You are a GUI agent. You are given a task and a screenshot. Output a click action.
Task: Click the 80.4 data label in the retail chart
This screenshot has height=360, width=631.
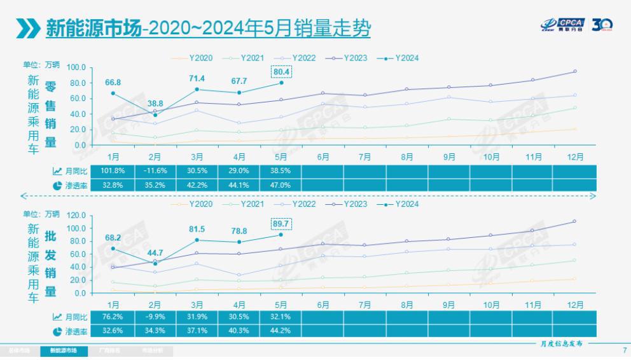click(282, 71)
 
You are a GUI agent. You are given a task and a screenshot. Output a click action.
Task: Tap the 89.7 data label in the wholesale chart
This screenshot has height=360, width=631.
click(282, 224)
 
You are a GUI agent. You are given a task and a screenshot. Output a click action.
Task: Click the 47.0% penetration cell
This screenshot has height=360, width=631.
click(280, 184)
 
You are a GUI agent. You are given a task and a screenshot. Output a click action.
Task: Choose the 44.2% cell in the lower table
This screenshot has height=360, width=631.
click(280, 330)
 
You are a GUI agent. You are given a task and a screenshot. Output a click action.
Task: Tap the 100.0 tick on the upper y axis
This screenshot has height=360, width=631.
click(76, 67)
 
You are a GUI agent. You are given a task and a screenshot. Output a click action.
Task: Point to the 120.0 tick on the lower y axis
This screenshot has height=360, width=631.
click(76, 216)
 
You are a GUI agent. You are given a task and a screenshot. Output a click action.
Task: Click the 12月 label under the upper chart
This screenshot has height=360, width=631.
click(575, 156)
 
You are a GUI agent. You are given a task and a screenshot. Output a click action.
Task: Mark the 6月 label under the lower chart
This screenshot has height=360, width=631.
click(322, 305)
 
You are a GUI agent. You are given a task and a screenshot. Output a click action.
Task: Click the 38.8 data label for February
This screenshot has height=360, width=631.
click(155, 103)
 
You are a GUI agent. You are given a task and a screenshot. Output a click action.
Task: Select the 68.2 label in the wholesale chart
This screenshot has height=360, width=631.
click(113, 238)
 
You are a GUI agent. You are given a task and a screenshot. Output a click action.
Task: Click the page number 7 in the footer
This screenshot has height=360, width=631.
click(624, 350)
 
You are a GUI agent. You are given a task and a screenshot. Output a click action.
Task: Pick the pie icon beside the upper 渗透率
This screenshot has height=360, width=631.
click(57, 184)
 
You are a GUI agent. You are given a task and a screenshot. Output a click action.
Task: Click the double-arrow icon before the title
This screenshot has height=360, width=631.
click(28, 27)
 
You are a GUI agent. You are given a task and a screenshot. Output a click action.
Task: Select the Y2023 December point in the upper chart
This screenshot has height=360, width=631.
click(575, 71)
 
